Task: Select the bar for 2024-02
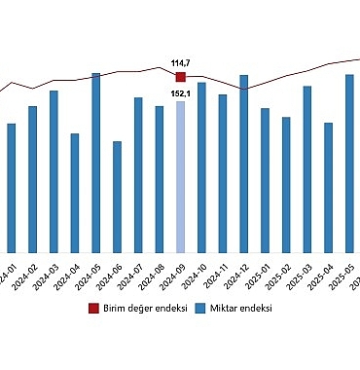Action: click(32, 179)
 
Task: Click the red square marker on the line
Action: click(180, 76)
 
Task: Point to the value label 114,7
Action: click(180, 63)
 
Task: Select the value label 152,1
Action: click(180, 93)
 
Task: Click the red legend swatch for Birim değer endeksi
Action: click(94, 308)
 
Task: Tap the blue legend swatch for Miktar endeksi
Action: click(200, 308)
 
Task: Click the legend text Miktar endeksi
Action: click(240, 308)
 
